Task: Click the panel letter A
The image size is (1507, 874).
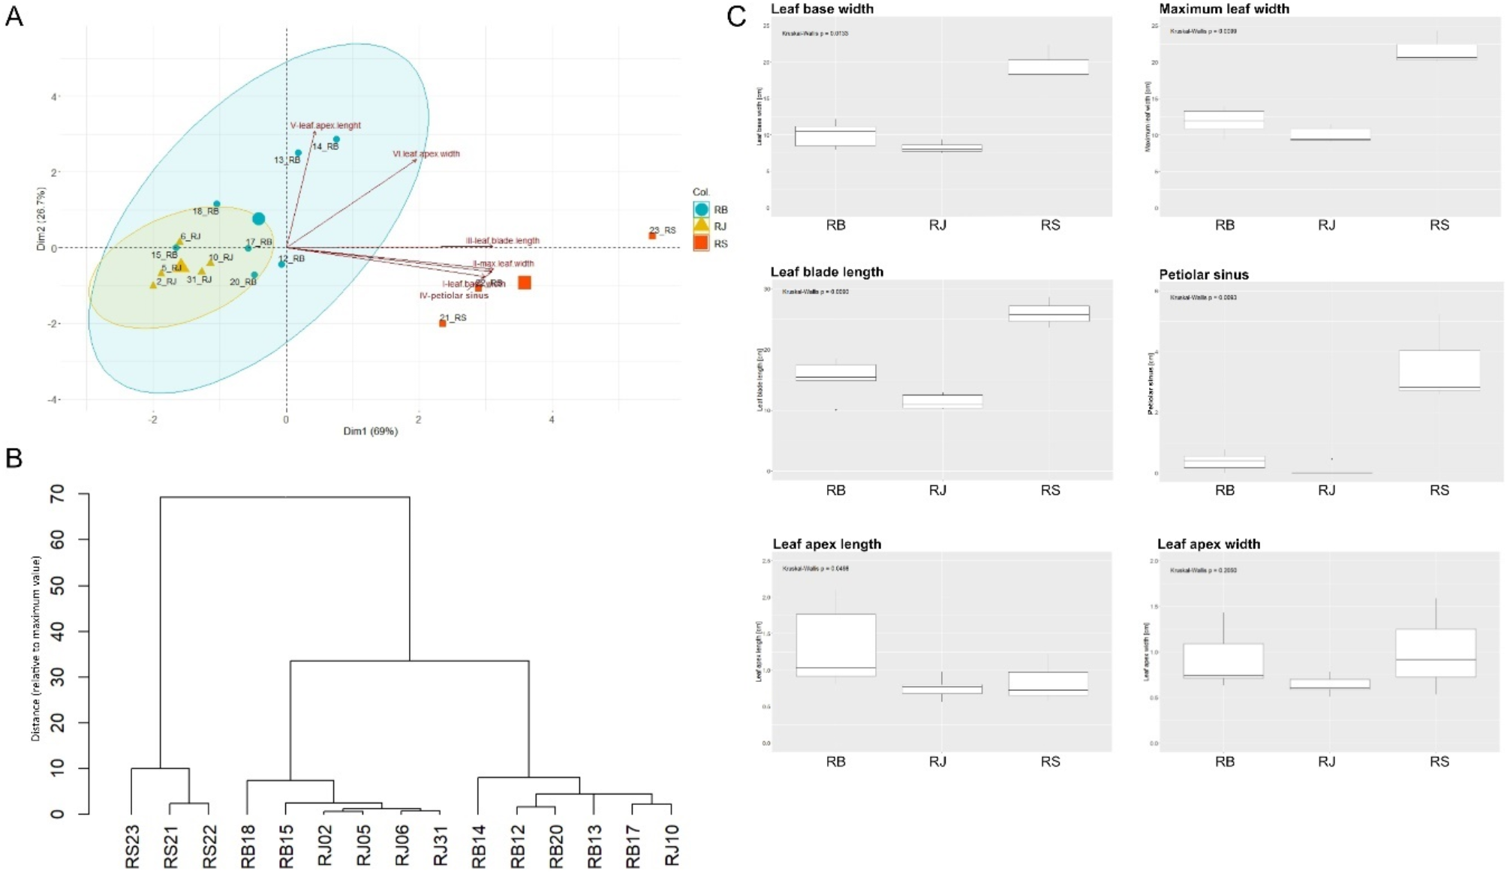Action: [x=14, y=16]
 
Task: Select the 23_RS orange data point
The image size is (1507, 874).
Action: [x=652, y=236]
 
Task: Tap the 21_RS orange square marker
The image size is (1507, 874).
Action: [x=443, y=323]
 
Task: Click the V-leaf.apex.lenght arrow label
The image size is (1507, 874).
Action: [x=326, y=125]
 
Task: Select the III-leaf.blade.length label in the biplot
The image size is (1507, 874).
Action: [x=503, y=241]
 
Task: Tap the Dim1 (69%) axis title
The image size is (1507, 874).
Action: [x=371, y=431]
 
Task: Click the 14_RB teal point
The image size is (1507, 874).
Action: [x=336, y=140]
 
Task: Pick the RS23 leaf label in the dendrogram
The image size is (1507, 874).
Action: [x=132, y=846]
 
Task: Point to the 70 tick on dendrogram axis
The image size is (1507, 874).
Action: [x=58, y=494]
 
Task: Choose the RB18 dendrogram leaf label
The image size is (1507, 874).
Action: [x=248, y=846]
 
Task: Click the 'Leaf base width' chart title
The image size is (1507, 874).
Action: [x=822, y=9]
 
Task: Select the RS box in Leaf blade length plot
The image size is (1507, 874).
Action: [x=1048, y=314]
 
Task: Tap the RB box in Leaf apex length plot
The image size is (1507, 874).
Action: [x=835, y=645]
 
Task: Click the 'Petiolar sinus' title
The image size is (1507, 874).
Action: [x=1204, y=275]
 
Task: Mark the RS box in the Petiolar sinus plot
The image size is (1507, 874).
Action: [x=1439, y=370]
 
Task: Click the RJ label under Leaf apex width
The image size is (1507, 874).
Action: [x=1326, y=761]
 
